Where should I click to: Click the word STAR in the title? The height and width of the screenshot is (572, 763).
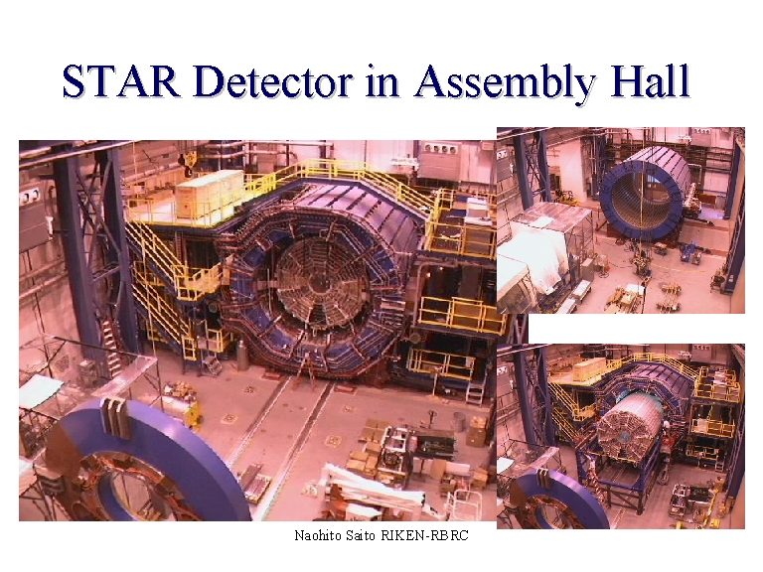(121, 81)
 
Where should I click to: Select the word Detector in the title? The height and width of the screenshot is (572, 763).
(272, 81)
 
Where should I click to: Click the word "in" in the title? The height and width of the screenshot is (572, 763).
(382, 82)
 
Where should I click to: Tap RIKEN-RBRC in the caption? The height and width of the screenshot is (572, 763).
(424, 535)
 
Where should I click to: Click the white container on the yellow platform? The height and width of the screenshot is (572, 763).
(210, 194)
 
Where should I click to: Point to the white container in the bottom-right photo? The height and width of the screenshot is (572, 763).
(589, 369)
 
